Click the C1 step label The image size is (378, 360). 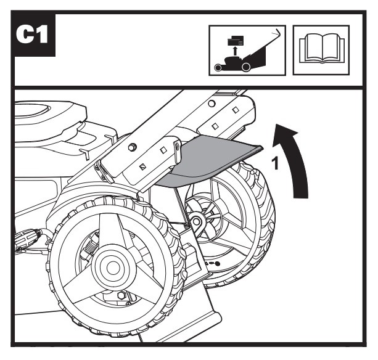pyautogui.click(x=32, y=35)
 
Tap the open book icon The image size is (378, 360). pyautogui.click(x=321, y=49)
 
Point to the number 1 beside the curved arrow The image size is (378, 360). pyautogui.click(x=275, y=163)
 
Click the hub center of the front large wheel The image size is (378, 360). pyautogui.click(x=113, y=268)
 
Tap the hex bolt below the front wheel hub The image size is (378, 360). pyautogui.click(x=121, y=295)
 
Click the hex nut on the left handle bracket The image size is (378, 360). pyautogui.click(x=133, y=147)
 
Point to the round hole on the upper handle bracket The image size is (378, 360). pyautogui.click(x=212, y=104)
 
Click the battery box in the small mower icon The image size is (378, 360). pyautogui.click(x=236, y=40)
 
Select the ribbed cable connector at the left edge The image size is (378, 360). pyautogui.click(x=27, y=239)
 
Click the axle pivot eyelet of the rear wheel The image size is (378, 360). pyautogui.click(x=197, y=221)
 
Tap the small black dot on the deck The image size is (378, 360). pyautogui.click(x=217, y=264)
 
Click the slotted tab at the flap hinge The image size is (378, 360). pyautogui.click(x=178, y=152)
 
